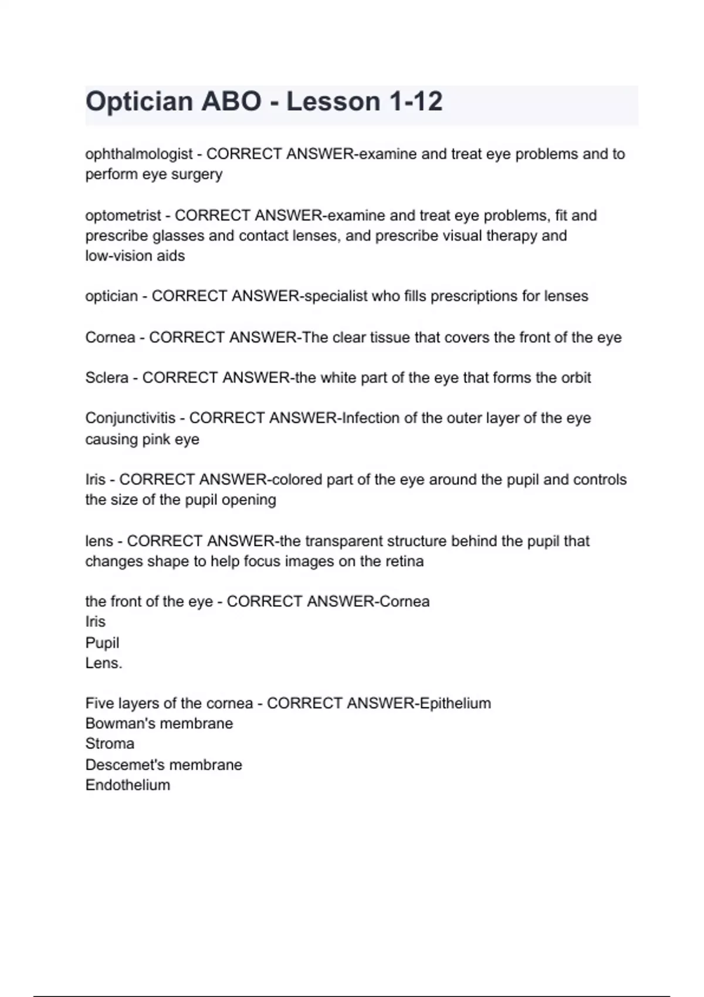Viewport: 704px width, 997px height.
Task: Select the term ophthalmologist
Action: tap(138, 154)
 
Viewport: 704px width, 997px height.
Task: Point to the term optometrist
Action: tap(123, 216)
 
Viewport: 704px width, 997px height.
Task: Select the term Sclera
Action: tap(106, 378)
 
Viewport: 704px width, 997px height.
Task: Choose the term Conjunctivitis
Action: tap(130, 418)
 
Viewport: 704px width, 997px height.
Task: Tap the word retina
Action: tap(404, 561)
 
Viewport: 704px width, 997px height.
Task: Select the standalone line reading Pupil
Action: tap(102, 643)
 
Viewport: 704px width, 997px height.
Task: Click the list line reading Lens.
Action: tap(103, 663)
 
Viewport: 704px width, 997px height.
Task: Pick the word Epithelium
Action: tap(455, 703)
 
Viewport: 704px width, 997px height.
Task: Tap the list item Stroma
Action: tap(110, 744)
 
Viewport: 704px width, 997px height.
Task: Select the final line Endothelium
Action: tap(127, 785)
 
